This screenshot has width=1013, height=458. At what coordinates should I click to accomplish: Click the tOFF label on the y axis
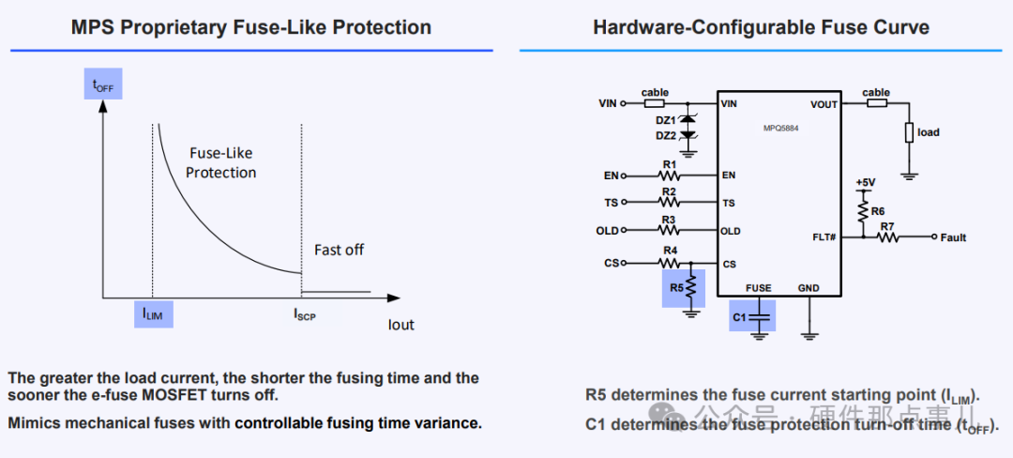[x=102, y=85]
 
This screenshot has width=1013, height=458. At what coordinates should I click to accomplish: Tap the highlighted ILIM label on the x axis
[x=152, y=314]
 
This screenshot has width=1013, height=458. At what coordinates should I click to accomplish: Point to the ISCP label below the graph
[x=304, y=314]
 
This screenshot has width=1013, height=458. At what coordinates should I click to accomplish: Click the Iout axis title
[x=401, y=325]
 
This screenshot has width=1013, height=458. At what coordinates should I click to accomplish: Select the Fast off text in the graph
[x=339, y=250]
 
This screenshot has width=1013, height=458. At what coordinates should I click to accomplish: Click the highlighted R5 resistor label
[x=676, y=288]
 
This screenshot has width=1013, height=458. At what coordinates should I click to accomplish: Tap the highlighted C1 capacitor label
[x=739, y=318]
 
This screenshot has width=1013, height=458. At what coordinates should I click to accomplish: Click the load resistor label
[x=929, y=132]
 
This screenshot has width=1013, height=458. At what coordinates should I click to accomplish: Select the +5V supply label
[x=865, y=182]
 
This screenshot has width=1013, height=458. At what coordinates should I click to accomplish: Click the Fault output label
[x=953, y=237]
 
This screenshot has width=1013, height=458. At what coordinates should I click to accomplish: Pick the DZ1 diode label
[x=666, y=119]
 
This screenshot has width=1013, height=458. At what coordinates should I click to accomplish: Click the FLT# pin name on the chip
[x=824, y=237]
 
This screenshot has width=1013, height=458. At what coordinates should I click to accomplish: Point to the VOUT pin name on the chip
[x=824, y=104]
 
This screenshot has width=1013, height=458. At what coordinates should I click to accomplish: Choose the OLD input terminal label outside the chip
[x=608, y=231]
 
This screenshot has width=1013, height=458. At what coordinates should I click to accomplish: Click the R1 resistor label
[x=669, y=163]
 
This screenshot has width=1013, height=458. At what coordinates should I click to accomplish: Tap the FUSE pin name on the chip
[x=758, y=288]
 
